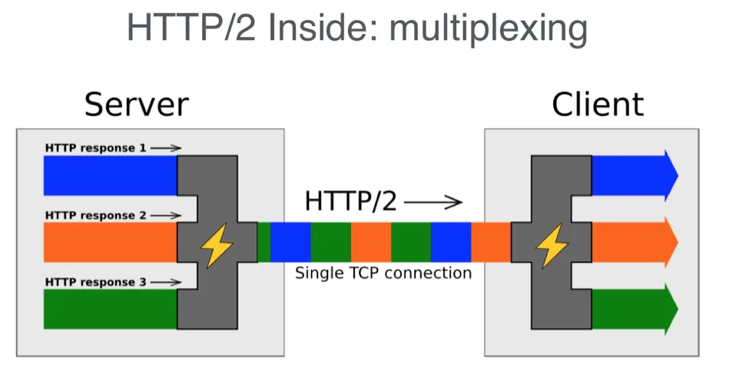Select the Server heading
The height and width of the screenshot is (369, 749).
pyautogui.click(x=137, y=105)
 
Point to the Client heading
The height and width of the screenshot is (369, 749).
pyautogui.click(x=598, y=105)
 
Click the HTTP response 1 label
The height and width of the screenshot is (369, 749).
pyautogui.click(x=95, y=148)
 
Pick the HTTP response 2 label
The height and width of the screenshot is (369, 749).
pyautogui.click(x=95, y=215)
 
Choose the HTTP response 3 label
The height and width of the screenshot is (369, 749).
pyautogui.click(x=95, y=282)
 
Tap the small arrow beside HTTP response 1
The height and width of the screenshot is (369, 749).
pyautogui.click(x=166, y=148)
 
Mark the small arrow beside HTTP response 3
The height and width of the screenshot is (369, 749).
pyautogui.click(x=166, y=282)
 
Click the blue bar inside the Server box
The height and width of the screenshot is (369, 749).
pyautogui.click(x=111, y=175)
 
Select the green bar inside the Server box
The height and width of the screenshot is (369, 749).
pyautogui.click(x=111, y=309)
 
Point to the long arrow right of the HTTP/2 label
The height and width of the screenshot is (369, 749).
pyautogui.click(x=433, y=202)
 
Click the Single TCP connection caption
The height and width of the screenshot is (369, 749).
pyautogui.click(x=383, y=274)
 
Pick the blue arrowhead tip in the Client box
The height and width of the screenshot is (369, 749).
pyautogui.click(x=678, y=175)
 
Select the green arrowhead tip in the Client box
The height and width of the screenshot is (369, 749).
pyautogui.click(x=678, y=309)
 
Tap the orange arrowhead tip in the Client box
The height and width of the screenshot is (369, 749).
pyautogui.click(x=678, y=242)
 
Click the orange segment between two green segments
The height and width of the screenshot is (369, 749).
pyautogui.click(x=371, y=242)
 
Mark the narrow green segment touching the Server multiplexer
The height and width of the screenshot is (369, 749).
pyautogui.click(x=263, y=242)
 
